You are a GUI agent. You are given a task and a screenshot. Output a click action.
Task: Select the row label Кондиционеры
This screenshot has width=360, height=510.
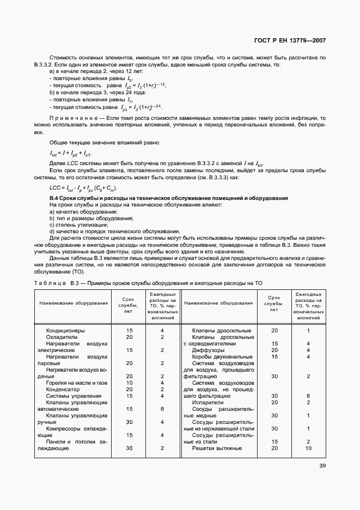pos(65,330)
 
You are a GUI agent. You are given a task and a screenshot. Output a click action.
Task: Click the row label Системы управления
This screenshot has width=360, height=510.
pos(70,396)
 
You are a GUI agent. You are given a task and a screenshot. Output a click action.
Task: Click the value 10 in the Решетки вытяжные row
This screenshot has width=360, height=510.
pos(308,448)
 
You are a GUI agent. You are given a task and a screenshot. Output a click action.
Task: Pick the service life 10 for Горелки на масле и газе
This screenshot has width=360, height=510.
pos(130,382)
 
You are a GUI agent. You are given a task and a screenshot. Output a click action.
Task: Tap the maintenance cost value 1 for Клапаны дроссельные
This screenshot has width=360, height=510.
pos(308,330)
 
